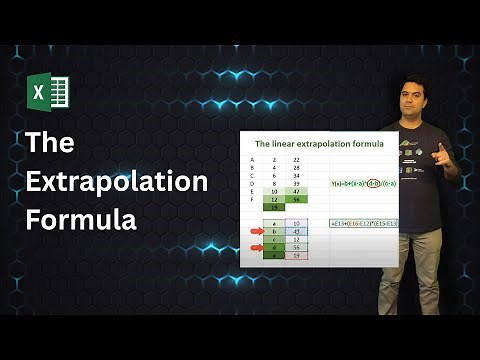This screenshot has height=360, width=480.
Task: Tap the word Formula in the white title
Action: [x=81, y=219]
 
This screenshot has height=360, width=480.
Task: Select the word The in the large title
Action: [x=49, y=144]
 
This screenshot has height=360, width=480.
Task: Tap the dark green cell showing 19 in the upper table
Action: [x=276, y=206]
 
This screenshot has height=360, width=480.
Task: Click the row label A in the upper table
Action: [x=251, y=159]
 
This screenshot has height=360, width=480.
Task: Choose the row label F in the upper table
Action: [x=251, y=199]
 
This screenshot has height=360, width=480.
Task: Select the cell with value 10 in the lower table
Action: [x=296, y=223]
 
